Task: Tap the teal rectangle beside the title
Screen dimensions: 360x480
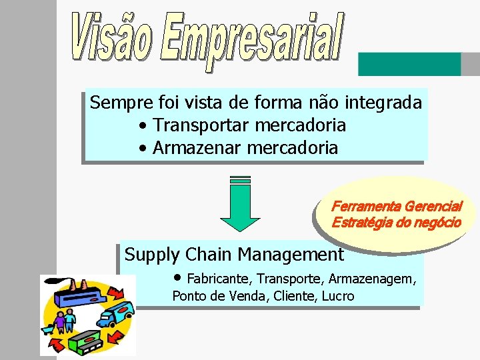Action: click(409, 64)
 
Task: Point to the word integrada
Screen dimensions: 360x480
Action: click(383, 103)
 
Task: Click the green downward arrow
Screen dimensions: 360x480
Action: click(239, 203)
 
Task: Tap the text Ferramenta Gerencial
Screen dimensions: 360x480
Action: click(396, 207)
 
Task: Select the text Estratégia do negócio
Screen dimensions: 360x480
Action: click(396, 223)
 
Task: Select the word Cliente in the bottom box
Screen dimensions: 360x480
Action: click(297, 296)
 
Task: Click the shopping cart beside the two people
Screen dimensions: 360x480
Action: click(49, 327)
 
